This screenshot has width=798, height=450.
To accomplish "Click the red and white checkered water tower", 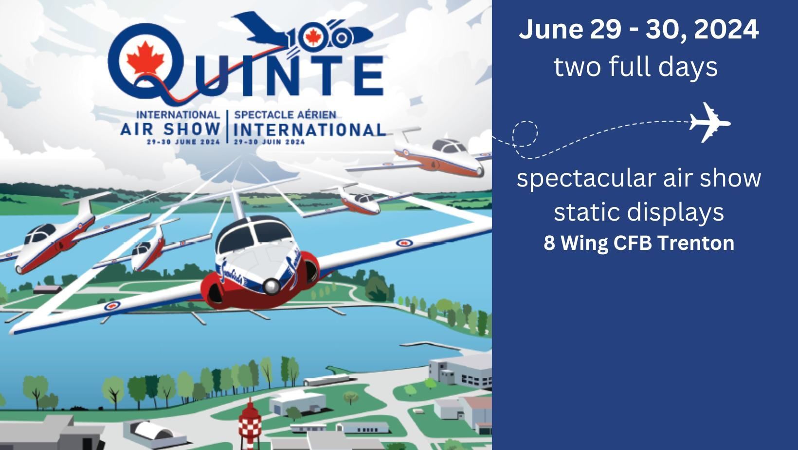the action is coord(250,424).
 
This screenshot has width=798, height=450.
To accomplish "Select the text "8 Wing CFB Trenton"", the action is coord(639,243).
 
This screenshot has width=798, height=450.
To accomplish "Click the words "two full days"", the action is coord(635,67).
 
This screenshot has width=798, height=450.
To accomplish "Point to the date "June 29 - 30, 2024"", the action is coord(639,30).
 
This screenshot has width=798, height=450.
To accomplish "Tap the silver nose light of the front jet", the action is coord(272,286).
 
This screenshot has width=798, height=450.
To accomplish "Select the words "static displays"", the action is coord(639,212).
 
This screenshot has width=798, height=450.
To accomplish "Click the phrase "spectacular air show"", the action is coord(639,178).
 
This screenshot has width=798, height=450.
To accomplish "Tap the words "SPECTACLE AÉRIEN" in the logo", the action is coord(285,115).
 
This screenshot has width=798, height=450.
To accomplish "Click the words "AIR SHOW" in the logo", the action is coord(170,129).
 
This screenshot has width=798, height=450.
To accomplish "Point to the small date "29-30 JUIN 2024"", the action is coord(270,142).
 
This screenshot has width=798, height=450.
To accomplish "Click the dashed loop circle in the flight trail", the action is coord(525,134).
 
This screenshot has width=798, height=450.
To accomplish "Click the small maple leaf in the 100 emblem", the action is coord(313,37).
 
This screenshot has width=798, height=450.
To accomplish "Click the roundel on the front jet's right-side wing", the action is coord(404,244).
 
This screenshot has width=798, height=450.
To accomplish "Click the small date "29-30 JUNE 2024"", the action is coord(183,142).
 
